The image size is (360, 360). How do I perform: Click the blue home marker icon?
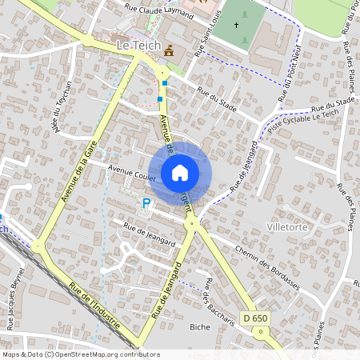pyautogui.click(x=180, y=172)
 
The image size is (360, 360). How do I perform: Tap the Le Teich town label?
pyautogui.click(x=138, y=47)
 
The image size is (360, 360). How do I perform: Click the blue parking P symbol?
pyautogui.click(x=146, y=204)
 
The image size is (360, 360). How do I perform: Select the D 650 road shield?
pyautogui.click(x=255, y=318)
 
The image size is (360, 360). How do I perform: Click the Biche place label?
pyautogui.click(x=200, y=327)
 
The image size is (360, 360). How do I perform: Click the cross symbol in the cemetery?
pyautogui.click(x=237, y=26)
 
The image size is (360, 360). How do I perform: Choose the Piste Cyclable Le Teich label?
pyautogui.click(x=290, y=121)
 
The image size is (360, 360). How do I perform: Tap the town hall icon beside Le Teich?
pyautogui.click(x=169, y=51)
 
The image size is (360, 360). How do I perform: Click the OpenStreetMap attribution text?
pyautogui.click(x=80, y=354)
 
